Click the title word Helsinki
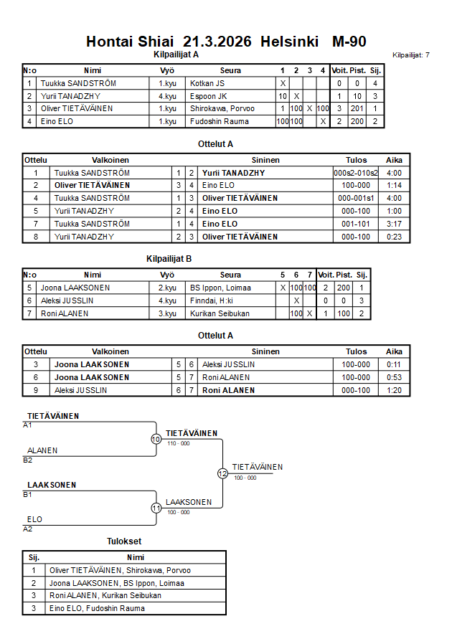[290, 42]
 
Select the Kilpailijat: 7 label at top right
[411, 55]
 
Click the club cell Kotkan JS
[207, 84]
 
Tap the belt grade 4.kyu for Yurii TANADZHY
[167, 96]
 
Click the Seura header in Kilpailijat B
[230, 275]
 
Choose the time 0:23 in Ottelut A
[394, 237]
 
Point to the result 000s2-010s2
[356, 173]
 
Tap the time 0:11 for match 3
[394, 364]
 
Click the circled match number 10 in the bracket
[156, 439]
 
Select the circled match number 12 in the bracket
[222, 473]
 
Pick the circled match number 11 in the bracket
[156, 508]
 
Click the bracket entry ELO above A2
[34, 519]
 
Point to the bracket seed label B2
[28, 460]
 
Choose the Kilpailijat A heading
[176, 55]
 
